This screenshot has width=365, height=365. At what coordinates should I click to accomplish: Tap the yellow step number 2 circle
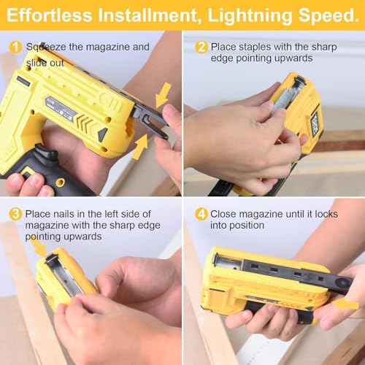point(201,47)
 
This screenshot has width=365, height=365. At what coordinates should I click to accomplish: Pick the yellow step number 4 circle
point(201,214)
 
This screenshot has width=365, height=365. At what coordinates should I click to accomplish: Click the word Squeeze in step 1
point(46,47)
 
